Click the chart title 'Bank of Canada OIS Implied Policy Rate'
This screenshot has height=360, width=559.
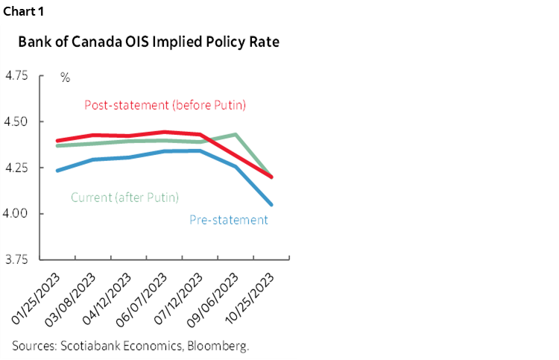[149, 42]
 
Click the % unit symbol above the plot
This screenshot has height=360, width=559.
[65, 77]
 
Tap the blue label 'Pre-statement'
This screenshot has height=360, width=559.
[229, 220]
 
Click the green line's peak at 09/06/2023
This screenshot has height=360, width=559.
[236, 135]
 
